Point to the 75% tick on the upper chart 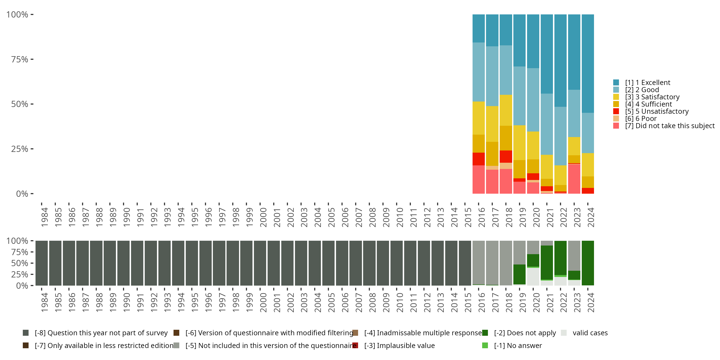(20, 59)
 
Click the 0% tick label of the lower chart (22, 286)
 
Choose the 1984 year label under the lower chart (44, 303)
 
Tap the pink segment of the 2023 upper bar (574, 179)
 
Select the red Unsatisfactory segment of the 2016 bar (479, 159)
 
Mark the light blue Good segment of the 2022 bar (560, 136)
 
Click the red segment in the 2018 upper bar (506, 156)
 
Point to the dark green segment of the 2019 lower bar (520, 275)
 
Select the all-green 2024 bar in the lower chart (588, 263)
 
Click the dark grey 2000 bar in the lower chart (260, 263)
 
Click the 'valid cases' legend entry (590, 333)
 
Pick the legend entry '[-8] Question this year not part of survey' (101, 333)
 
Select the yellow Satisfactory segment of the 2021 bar (547, 167)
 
